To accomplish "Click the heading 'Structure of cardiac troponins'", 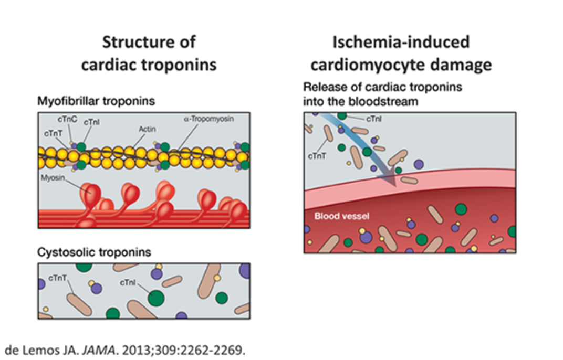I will (149, 53).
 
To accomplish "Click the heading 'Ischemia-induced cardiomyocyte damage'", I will (401, 53).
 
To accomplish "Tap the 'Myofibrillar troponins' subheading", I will (96, 101).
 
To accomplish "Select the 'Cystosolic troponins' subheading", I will (94, 252).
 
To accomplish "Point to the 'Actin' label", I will (147, 129).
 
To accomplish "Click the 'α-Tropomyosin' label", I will (208, 119).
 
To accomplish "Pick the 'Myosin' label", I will (51, 178).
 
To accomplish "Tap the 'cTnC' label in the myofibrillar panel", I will (67, 120).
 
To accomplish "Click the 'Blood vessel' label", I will (341, 216).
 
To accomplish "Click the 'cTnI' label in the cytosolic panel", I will (128, 283).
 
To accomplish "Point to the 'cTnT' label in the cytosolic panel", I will (58, 278).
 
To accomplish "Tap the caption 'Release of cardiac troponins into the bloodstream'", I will (382, 94).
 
